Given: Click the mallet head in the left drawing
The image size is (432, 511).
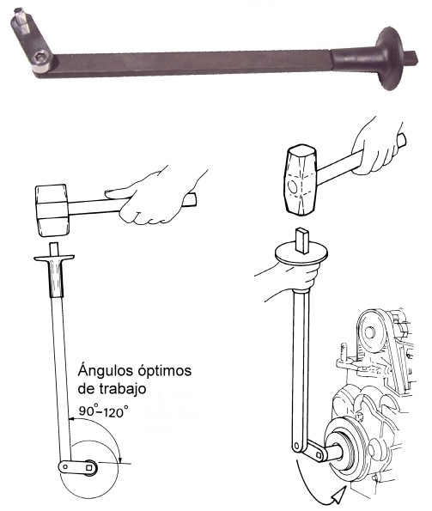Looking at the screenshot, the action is [52, 210].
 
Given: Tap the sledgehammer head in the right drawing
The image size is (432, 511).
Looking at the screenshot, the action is [301, 180].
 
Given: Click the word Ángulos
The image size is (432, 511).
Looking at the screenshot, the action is [106, 371].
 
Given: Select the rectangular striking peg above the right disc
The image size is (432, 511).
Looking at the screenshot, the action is [302, 240].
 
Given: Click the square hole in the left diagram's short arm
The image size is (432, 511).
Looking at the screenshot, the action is [89, 468].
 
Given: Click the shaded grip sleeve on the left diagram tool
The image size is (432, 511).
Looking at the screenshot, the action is [56, 279].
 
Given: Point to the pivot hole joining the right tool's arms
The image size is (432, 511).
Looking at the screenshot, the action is [296, 446].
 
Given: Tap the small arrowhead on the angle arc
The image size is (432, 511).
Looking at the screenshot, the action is [120, 459].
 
